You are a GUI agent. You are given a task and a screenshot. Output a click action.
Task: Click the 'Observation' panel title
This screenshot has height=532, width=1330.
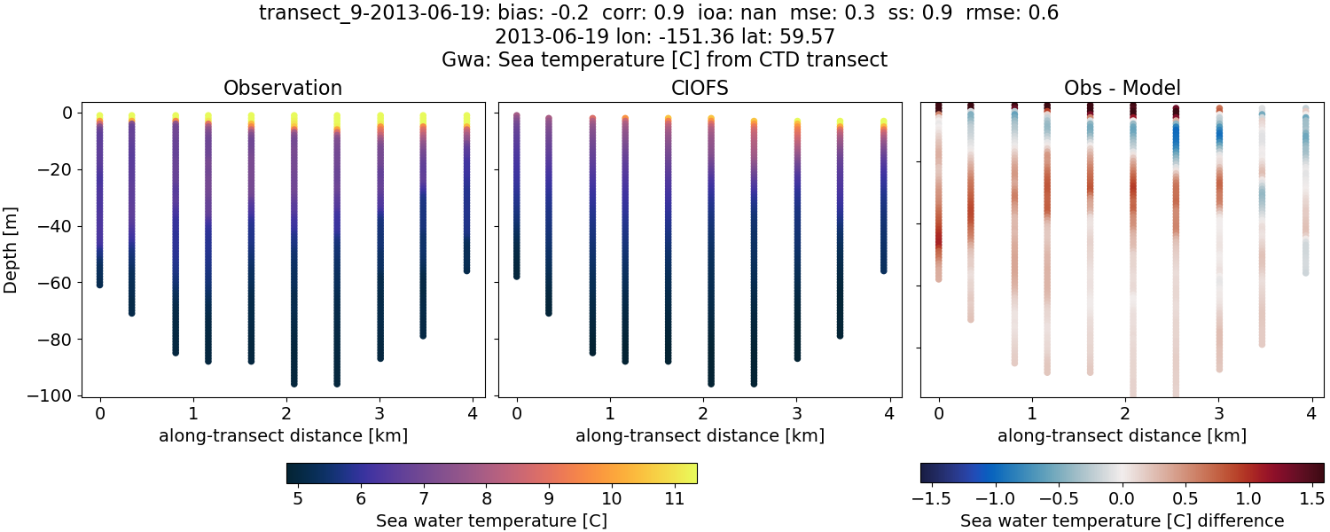pyautogui.click(x=283, y=88)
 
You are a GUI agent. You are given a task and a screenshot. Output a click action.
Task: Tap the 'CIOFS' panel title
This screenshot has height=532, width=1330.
pyautogui.click(x=700, y=88)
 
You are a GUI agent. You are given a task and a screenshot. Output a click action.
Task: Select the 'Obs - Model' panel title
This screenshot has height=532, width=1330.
pyautogui.click(x=1122, y=88)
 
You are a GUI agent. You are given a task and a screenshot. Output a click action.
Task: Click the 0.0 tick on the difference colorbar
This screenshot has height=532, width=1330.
pyautogui.click(x=1123, y=499)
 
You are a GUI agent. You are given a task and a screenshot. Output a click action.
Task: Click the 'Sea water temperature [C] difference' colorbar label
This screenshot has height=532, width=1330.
pyautogui.click(x=1122, y=520)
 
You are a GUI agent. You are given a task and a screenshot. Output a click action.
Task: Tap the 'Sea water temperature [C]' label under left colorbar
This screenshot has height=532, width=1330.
pyautogui.click(x=491, y=520)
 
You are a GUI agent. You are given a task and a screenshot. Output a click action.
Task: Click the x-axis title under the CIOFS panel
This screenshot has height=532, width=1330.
pyautogui.click(x=700, y=435)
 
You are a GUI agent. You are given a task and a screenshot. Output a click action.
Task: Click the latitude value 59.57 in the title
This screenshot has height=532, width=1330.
pyautogui.click(x=808, y=36)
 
